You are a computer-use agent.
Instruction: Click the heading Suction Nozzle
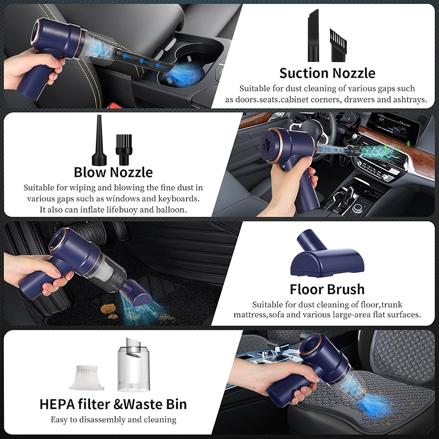pos(327,73)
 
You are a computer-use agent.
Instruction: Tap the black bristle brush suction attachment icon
pos(339,45)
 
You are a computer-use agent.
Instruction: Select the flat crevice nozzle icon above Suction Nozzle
pos(313,35)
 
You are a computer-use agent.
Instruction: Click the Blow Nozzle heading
pos(113,172)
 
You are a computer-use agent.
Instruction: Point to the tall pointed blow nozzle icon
pos(99,140)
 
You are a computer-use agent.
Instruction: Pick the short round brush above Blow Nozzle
pos(124,150)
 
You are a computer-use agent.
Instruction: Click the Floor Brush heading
pos(327,289)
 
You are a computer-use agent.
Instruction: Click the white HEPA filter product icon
pos(87,378)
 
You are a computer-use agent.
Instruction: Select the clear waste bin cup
pos(134,364)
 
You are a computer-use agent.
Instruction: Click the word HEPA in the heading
pos(57,404)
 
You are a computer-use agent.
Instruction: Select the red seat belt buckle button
pos(115,105)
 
